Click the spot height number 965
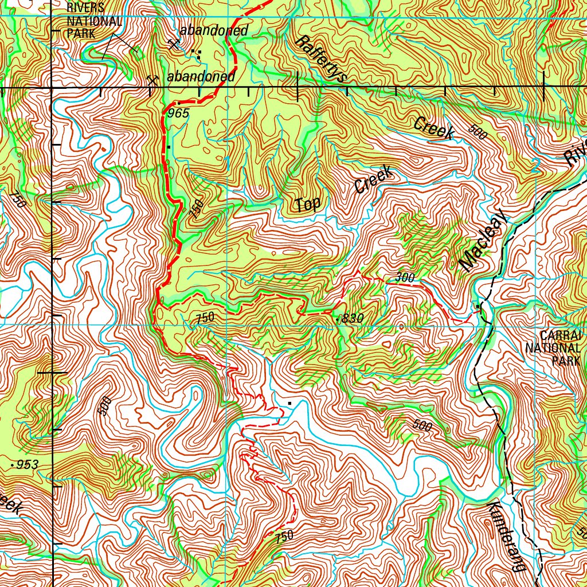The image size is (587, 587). [178, 114]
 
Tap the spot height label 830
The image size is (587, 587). [351, 319]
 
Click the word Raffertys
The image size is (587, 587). [321, 59]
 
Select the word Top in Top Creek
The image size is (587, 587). [307, 204]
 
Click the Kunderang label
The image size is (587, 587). [507, 535]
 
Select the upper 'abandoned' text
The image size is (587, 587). [213, 31]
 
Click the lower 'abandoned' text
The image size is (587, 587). [201, 76]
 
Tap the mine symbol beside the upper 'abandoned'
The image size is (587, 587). [172, 44]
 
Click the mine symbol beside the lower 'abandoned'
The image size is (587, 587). [152, 80]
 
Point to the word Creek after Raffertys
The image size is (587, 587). [433, 128]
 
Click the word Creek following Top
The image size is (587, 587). [373, 179]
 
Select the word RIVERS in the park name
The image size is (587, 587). [85, 8]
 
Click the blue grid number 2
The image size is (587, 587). [536, 166]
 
